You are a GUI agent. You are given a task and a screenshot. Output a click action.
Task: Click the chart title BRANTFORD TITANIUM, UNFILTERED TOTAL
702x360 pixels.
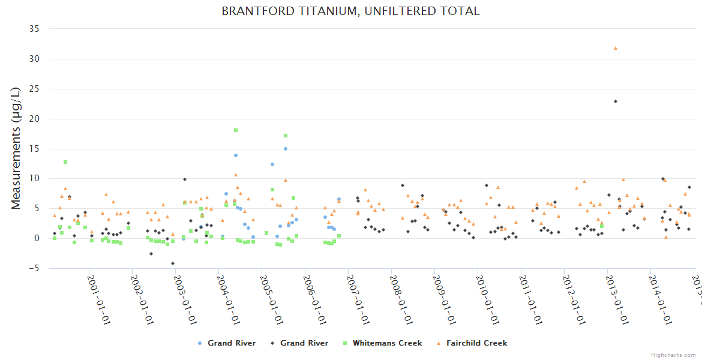pyautogui.click(x=350, y=11)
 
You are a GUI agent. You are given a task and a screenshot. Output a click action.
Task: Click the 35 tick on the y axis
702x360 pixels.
pyautogui.click(x=34, y=29)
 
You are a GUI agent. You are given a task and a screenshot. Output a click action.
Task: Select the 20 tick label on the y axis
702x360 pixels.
pyautogui.click(x=34, y=119)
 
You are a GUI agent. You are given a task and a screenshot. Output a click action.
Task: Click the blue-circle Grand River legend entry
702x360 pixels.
pyautogui.click(x=226, y=343)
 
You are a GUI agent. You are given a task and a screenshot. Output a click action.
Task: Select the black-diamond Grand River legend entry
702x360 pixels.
pyautogui.click(x=299, y=343)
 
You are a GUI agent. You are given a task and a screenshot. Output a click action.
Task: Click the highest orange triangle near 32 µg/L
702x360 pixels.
pyautogui.click(x=615, y=48)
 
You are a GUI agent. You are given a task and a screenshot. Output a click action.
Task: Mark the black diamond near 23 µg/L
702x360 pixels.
pyautogui.click(x=616, y=101)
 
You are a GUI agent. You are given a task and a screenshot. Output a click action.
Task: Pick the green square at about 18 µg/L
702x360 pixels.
pyautogui.click(x=236, y=130)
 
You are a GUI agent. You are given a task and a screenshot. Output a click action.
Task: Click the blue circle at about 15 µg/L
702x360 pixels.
pyautogui.click(x=286, y=149)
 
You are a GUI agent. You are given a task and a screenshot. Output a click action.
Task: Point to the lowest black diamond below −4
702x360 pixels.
pyautogui.click(x=173, y=263)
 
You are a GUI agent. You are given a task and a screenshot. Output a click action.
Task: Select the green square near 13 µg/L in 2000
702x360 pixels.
pyautogui.click(x=65, y=162)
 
